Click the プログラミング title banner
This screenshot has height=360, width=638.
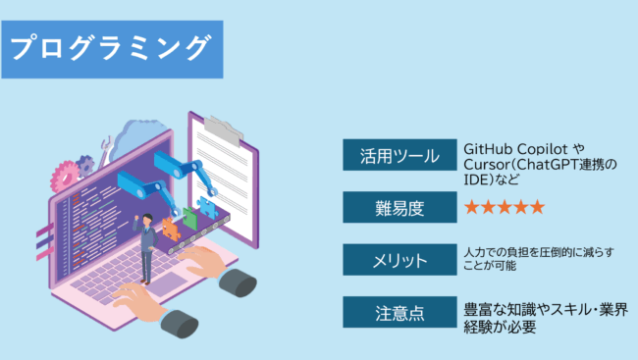pos(112,46)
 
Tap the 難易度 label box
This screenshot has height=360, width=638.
pos(398,207)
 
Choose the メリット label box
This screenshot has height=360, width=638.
pos(398,260)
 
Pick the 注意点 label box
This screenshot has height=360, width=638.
pos(398,313)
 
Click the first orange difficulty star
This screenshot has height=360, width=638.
pos(472,207)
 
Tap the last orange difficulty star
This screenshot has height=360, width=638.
pos(536,207)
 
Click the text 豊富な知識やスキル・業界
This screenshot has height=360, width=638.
pos(544,310)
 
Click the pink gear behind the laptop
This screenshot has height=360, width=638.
pos(65,178)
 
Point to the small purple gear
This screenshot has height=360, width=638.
pos(87,164)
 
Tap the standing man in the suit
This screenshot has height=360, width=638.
pos(146,245)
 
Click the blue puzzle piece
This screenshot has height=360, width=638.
pos(207,207)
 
